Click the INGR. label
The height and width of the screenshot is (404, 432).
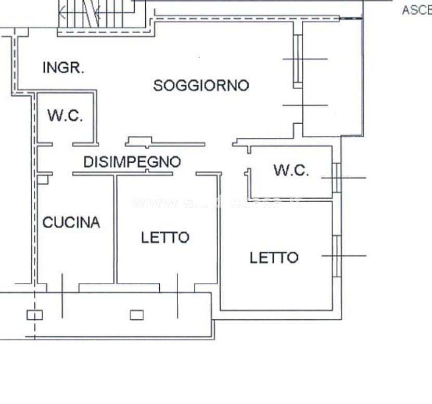[63, 68]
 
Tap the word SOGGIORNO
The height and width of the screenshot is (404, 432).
[201, 85]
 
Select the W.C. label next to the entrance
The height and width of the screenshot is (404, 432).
[65, 115]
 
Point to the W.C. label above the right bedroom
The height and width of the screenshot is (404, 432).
[291, 171]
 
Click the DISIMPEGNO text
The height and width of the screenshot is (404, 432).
[132, 162]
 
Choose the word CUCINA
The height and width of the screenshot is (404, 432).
[71, 223]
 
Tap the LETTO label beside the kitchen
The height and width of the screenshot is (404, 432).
[165, 238]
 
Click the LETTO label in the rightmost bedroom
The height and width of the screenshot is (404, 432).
[274, 257]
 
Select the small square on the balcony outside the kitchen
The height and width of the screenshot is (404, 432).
[34, 315]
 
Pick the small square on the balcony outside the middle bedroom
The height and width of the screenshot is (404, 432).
[136, 315]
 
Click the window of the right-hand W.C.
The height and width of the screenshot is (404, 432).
[337, 178]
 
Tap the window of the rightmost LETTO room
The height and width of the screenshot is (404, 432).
[337, 255]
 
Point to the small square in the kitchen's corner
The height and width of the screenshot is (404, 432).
[43, 179]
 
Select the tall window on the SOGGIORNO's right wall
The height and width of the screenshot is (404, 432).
[297, 60]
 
